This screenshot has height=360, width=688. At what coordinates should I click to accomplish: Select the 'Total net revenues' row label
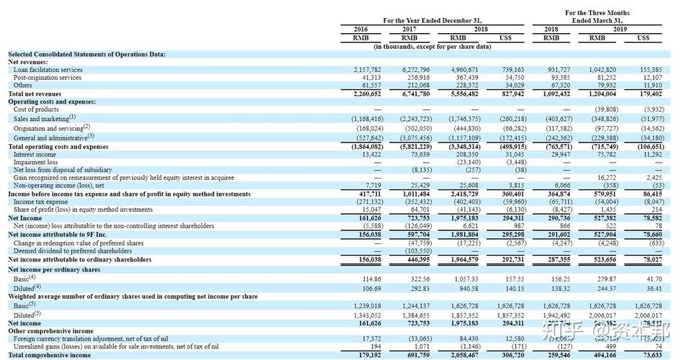(35, 94)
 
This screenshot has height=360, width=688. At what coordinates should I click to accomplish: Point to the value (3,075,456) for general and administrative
(412, 138)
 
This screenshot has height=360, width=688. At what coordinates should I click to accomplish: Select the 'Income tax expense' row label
(39, 202)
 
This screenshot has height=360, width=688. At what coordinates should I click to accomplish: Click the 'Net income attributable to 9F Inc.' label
(57, 234)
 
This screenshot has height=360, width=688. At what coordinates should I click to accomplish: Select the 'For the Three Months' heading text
(597, 13)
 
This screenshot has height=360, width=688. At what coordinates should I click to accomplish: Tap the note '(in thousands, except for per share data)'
(432, 46)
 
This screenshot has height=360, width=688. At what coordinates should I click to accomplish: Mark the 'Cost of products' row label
(36, 109)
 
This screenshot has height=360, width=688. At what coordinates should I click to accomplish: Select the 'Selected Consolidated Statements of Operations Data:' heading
(86, 54)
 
